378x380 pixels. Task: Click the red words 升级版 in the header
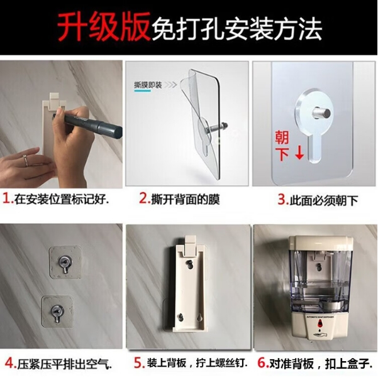pyautogui.click(x=104, y=26)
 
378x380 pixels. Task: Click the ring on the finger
pyautogui.click(x=26, y=161)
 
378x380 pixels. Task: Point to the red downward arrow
pyautogui.click(x=300, y=152)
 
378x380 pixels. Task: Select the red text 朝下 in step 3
pyautogui.click(x=282, y=146)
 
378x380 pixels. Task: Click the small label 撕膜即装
pyautogui.click(x=148, y=85)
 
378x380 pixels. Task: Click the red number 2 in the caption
pyautogui.click(x=144, y=199)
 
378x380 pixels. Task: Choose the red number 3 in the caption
pyautogui.click(x=283, y=200)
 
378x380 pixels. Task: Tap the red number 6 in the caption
pyautogui.click(x=263, y=363)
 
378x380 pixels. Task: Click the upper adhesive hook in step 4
pyautogui.click(x=65, y=263)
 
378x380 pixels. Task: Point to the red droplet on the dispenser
pyautogui.click(x=320, y=323)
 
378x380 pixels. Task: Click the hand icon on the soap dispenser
pyautogui.click(x=320, y=335)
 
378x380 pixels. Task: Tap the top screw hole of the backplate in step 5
pyautogui.click(x=189, y=264)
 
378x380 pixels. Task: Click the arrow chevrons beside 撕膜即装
pyautogui.click(x=170, y=85)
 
